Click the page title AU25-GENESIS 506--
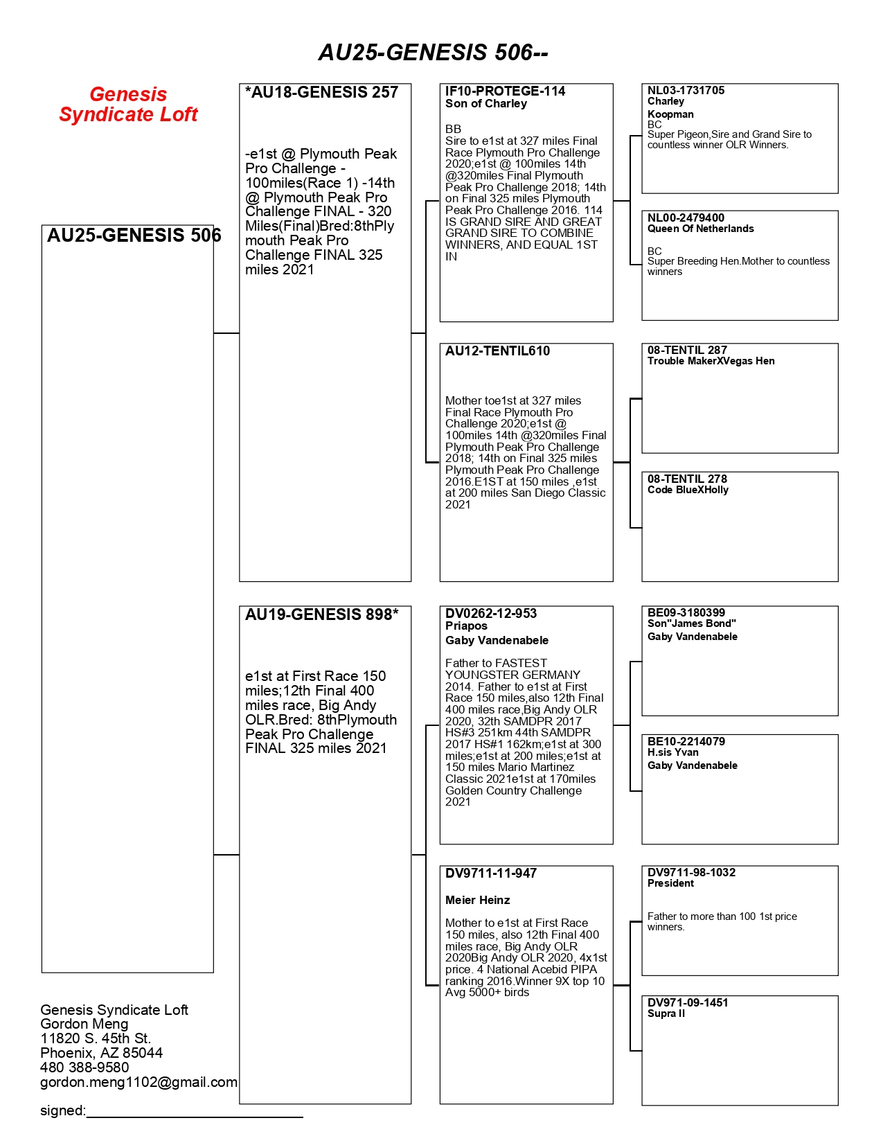coord(433,53)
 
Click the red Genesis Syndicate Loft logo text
coord(128,104)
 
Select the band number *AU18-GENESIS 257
coord(322,93)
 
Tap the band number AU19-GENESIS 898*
coord(322,615)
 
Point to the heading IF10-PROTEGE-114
coord(505,91)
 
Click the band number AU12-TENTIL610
coord(497,351)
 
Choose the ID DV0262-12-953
coord(490,614)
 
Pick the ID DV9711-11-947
coord(490,874)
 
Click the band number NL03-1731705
coord(686,91)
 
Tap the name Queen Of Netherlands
coord(700,229)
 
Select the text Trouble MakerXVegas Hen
coord(711,361)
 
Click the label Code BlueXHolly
coord(688,490)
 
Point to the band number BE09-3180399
coord(686,613)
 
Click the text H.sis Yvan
coord(672,752)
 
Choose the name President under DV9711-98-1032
coord(670,883)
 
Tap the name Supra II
coord(666,1013)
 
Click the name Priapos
coord(466,626)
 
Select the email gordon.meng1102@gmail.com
coord(139,1082)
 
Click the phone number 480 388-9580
coord(84,1067)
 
